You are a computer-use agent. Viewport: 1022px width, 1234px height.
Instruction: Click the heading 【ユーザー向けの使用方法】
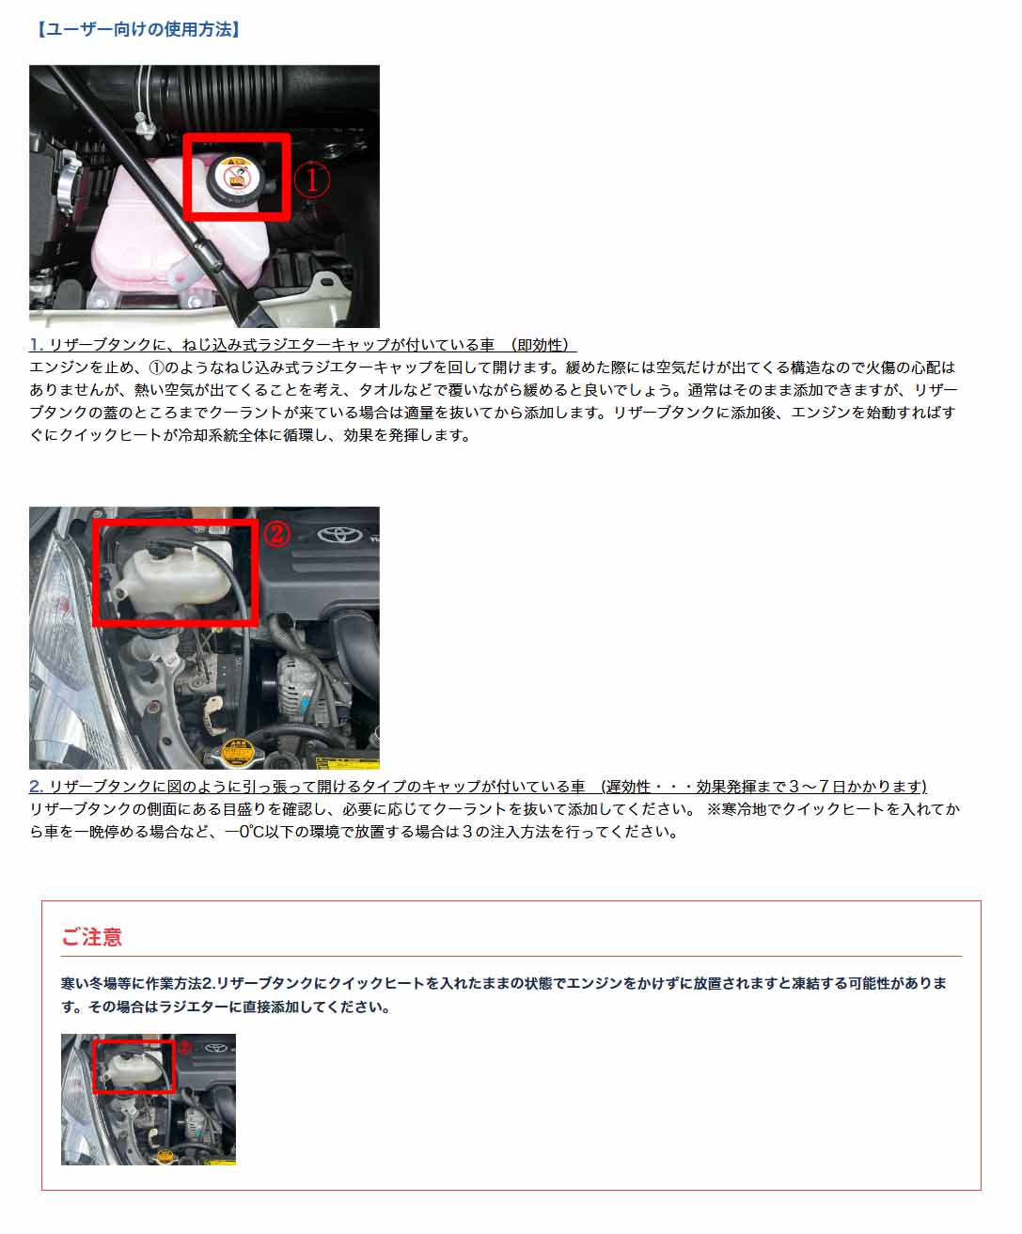pos(138,29)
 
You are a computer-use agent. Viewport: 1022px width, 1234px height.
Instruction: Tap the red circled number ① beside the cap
pos(312,180)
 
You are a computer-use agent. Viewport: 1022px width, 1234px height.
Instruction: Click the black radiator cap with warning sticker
pos(235,178)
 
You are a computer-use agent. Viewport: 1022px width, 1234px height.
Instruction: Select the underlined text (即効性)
pos(542,345)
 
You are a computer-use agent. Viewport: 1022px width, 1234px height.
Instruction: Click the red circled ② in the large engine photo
pos(275,535)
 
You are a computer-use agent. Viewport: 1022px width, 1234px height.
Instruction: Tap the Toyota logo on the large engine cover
pos(333,535)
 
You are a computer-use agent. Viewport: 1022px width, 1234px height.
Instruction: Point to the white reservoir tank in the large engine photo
pos(169,569)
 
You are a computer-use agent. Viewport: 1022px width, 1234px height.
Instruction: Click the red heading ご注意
pos(92,937)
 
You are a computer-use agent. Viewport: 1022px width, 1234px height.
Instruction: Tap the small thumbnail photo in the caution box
pos(149,1100)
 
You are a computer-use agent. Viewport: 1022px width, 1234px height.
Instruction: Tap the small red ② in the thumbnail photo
pos(184,1047)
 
